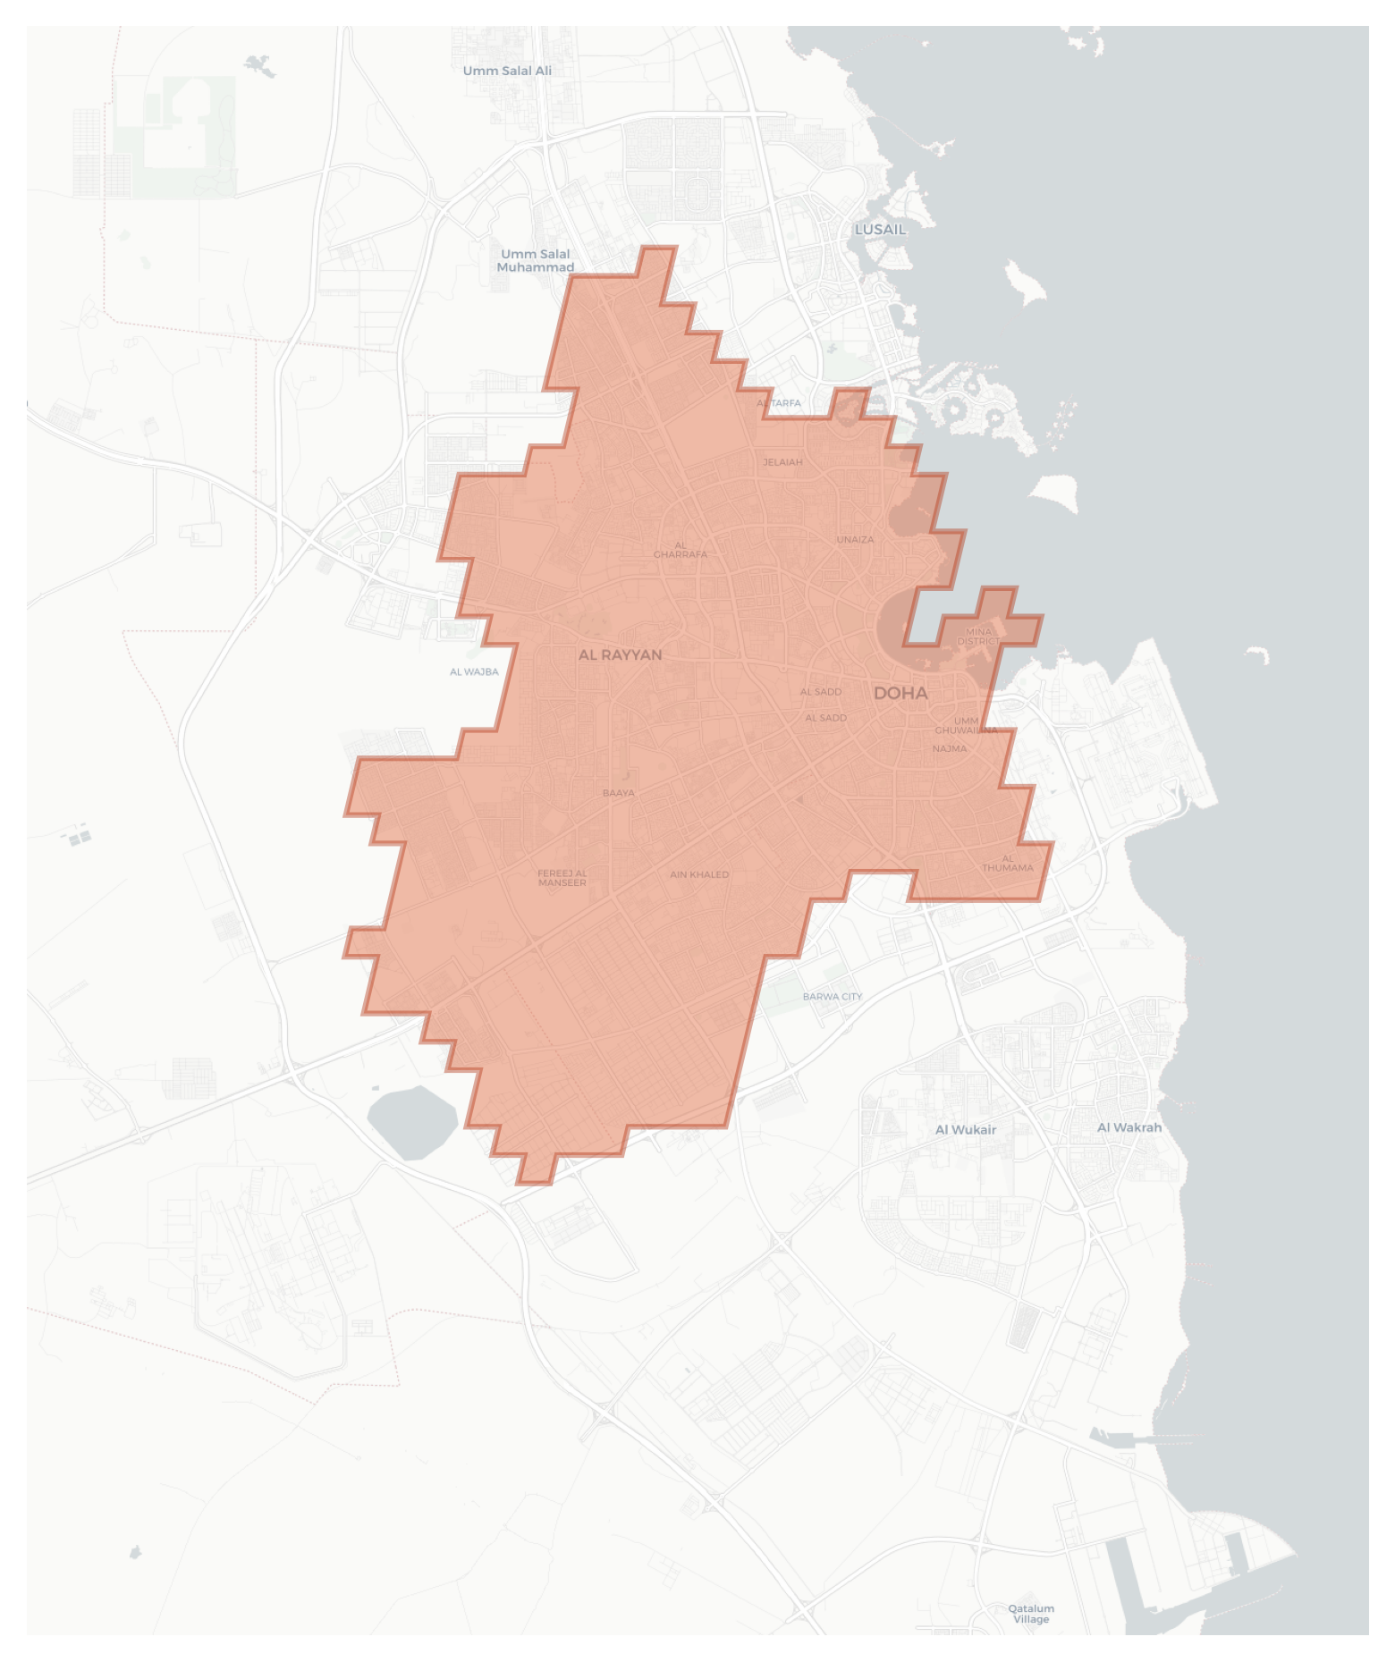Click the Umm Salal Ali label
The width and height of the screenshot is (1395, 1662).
[x=507, y=71]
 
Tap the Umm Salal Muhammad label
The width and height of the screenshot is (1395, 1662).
[x=535, y=260]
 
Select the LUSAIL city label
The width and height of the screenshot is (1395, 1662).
[x=880, y=229]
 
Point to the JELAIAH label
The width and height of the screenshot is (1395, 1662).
[x=782, y=462]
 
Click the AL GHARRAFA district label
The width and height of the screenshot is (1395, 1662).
[x=681, y=550]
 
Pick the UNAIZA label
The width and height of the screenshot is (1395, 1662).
[x=855, y=539]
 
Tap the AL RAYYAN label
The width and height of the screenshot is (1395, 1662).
[x=620, y=654]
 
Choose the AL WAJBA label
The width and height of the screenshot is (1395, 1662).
[x=474, y=671]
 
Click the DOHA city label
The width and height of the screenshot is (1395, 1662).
[x=900, y=693]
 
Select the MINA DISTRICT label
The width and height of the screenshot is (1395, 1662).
[x=978, y=637]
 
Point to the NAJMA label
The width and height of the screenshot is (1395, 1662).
[x=949, y=748]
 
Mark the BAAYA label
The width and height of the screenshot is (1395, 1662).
[x=618, y=793]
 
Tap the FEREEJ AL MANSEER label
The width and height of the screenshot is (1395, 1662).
[x=562, y=878]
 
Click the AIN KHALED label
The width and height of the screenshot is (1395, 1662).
[x=699, y=874]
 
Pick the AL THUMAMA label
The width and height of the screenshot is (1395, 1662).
[x=1008, y=863]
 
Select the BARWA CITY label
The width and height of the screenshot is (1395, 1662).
[x=833, y=996]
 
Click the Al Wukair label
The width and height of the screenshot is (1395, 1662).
[x=965, y=1129]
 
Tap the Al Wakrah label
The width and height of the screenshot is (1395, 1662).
[x=1129, y=1127]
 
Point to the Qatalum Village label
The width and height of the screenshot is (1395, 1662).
[x=1031, y=1614]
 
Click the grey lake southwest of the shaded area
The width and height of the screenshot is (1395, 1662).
[x=412, y=1121]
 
